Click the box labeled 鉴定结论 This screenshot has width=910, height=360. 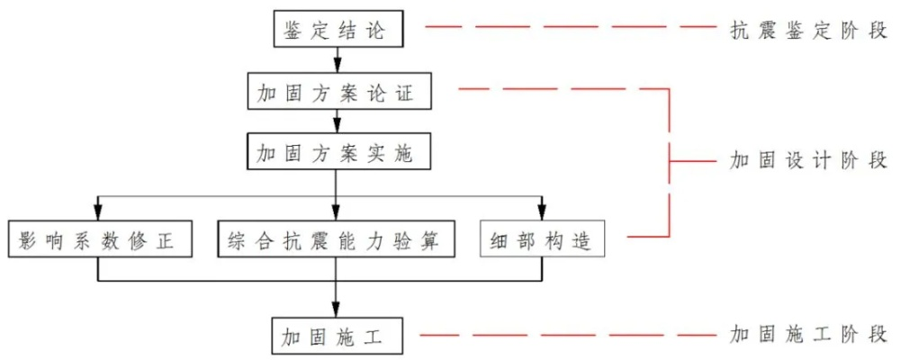pos(336,31)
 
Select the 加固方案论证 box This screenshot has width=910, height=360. pos(336,92)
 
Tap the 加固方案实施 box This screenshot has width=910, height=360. pos(336,152)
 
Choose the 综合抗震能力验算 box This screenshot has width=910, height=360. pos(337,240)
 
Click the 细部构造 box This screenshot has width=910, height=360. pos(543,240)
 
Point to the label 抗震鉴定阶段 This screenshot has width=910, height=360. pos(808,30)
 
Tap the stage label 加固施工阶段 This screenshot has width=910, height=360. pos(808,336)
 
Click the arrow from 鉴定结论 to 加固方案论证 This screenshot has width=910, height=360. pos(337,60)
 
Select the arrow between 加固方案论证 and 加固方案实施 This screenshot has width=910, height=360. pos(337,121)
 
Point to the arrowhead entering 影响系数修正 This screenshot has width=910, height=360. pos(98,213)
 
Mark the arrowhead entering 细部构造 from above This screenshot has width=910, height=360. pos(543,213)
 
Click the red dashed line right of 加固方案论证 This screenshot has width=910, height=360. pos(558,89)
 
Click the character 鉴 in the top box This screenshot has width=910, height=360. pos(293,31)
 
